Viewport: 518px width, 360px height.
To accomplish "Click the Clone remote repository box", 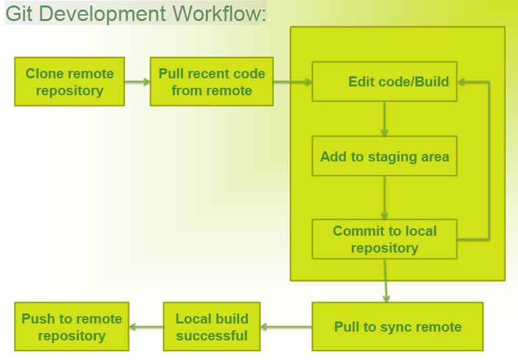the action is tap(70, 82).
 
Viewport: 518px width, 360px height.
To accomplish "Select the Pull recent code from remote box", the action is tap(212, 82).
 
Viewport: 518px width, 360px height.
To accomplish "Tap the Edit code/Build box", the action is tap(384, 82).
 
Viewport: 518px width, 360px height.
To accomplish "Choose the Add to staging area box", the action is tap(384, 156).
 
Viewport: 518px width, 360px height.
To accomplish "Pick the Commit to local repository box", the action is tap(384, 239).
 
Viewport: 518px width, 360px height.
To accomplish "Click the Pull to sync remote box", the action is tap(397, 327).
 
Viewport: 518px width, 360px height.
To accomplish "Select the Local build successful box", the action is tap(212, 327).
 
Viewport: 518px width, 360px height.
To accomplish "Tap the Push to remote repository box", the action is tap(72, 327).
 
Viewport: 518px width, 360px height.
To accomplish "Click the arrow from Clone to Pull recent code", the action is tap(137, 82).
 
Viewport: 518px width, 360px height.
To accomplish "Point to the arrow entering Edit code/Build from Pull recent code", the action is tap(292, 82).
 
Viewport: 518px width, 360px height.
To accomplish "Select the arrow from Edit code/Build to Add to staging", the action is tap(384, 119).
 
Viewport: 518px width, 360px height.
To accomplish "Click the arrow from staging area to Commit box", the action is tap(384, 197).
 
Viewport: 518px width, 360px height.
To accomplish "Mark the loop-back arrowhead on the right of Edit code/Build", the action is tap(461, 82).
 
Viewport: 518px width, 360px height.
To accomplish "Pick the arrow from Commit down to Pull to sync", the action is tap(386, 281).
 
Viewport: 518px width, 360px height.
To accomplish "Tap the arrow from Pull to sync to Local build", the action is tap(286, 327).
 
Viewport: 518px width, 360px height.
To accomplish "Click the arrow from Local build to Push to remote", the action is tap(146, 327).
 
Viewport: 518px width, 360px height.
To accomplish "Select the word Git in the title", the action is tap(19, 14).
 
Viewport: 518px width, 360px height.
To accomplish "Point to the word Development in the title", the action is tap(103, 15).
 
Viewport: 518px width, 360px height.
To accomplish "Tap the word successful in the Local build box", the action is tap(212, 336).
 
